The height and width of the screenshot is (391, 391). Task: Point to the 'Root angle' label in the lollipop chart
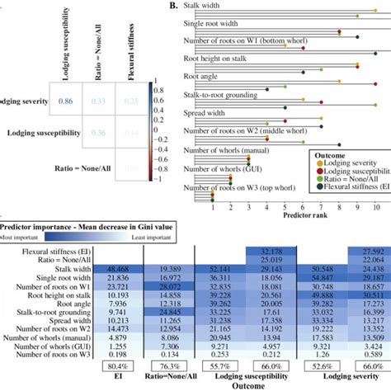(201, 76)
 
